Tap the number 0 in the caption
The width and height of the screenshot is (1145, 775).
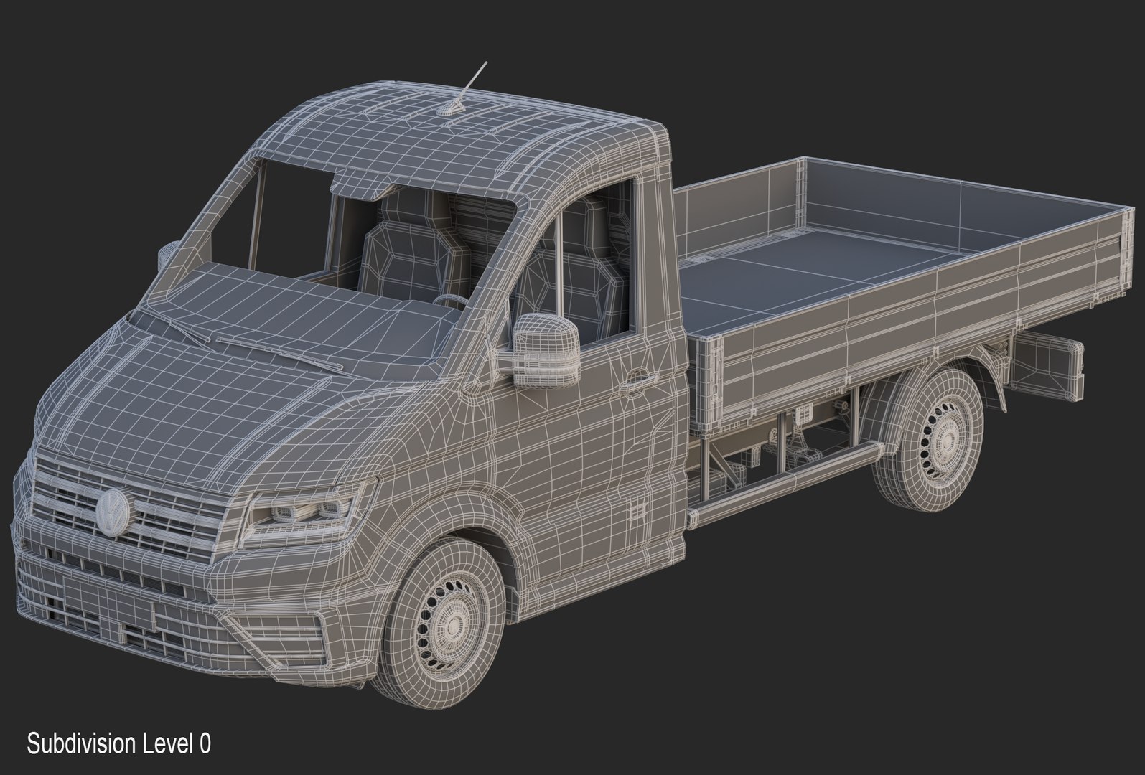click(x=205, y=744)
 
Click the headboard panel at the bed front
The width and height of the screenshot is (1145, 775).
click(x=739, y=208)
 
